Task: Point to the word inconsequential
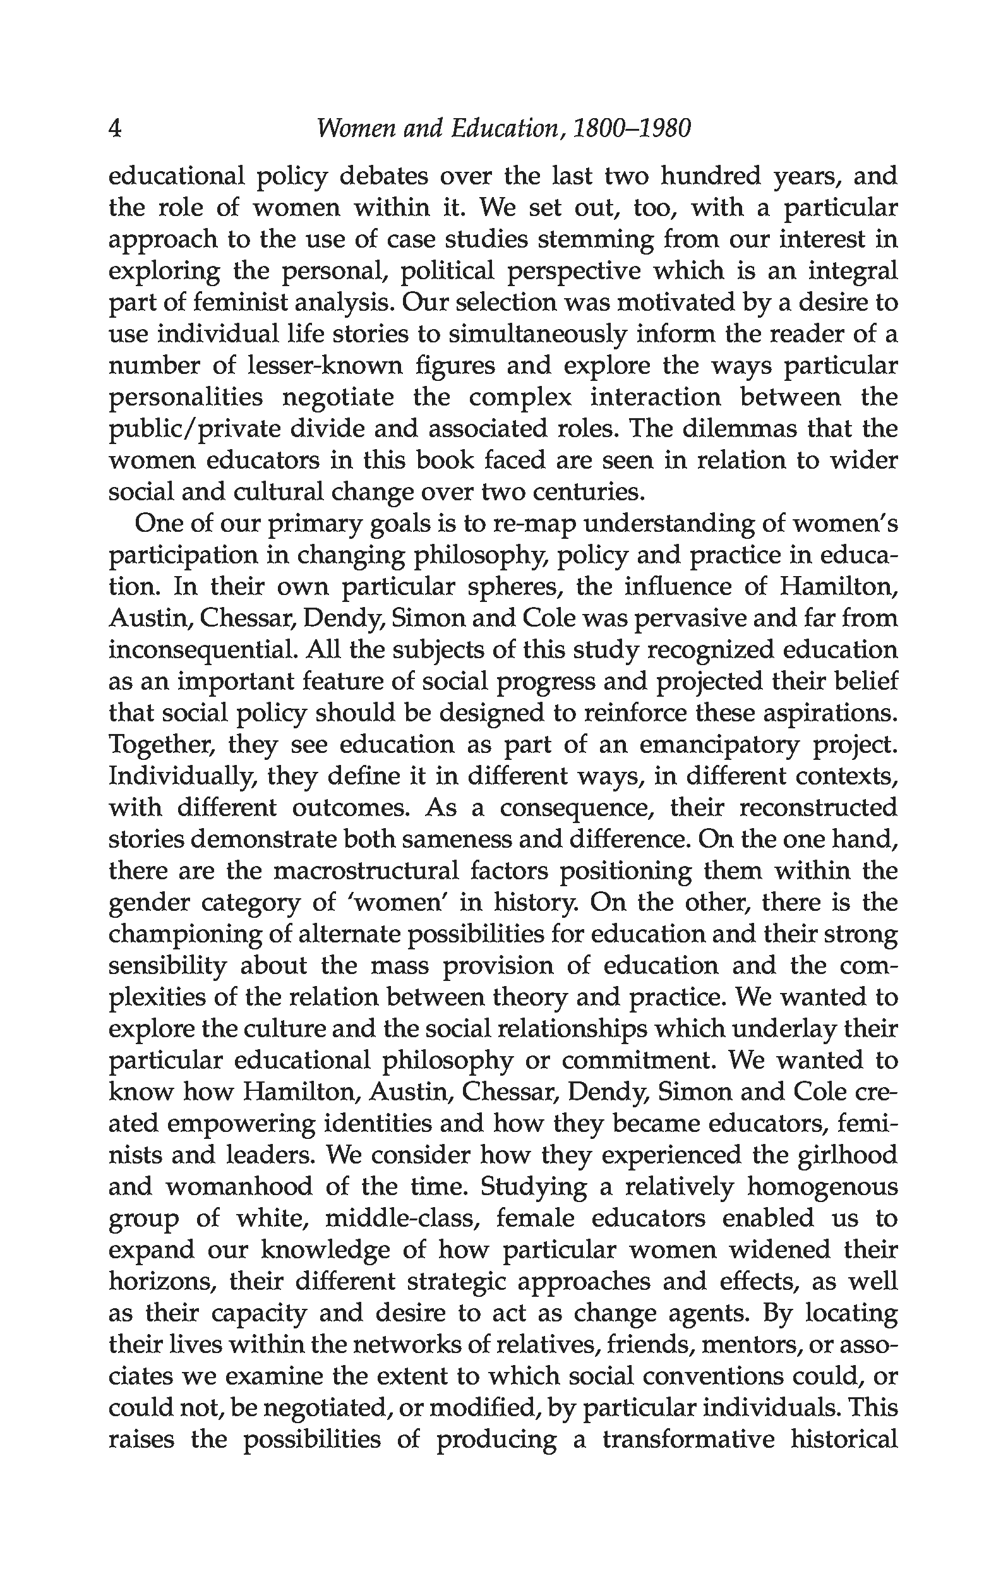point(202,650)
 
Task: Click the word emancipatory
point(719,745)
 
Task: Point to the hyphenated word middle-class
point(404,1218)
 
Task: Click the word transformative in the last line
point(689,1440)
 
